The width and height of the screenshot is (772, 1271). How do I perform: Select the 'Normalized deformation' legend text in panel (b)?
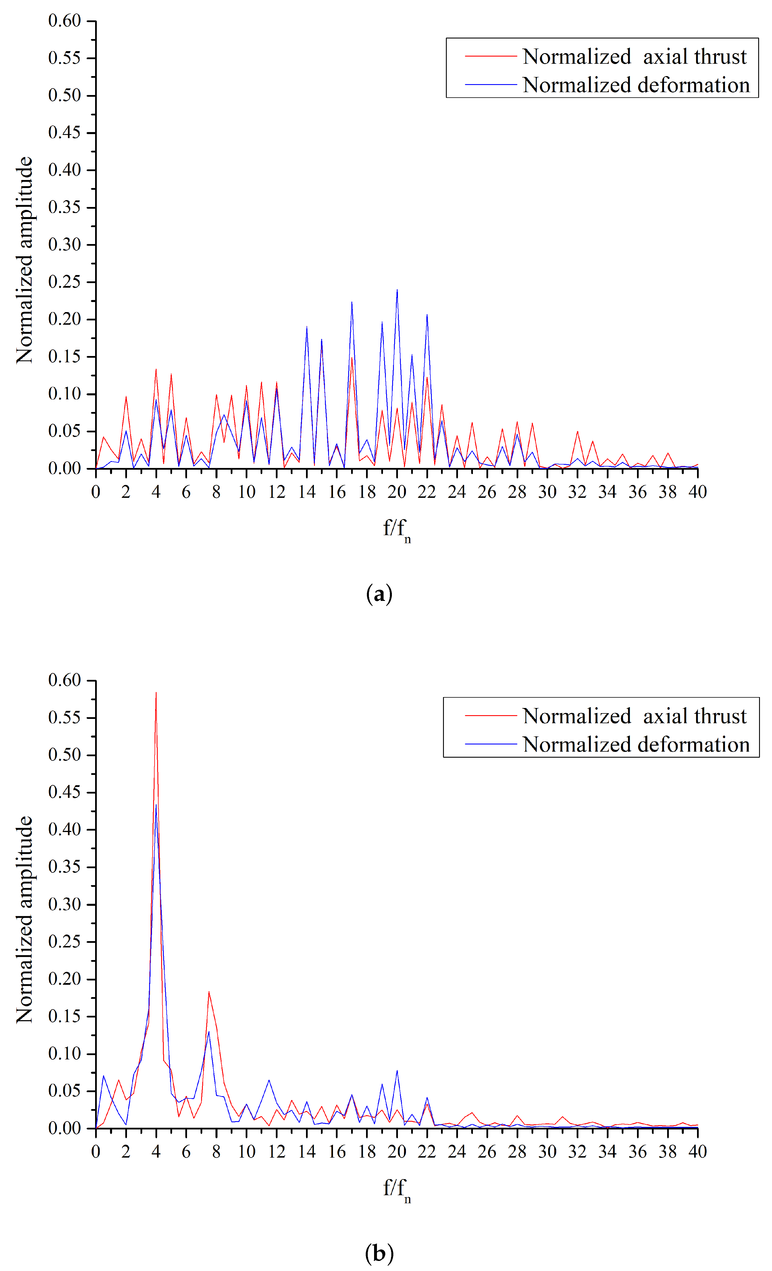(636, 744)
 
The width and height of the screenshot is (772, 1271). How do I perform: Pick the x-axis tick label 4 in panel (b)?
(156, 1151)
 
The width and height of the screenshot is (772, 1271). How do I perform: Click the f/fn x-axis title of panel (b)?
(396, 1189)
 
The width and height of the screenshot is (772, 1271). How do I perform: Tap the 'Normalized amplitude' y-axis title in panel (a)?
(24, 260)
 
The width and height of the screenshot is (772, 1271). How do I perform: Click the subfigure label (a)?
(379, 594)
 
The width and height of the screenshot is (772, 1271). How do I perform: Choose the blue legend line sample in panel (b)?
(490, 744)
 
